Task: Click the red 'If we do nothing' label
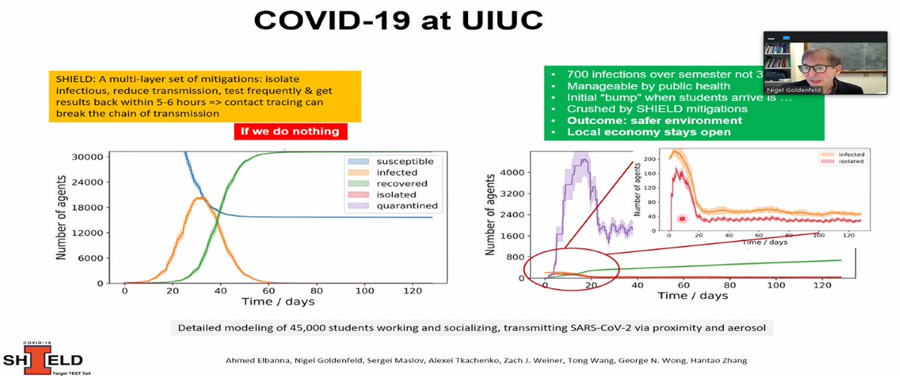289,131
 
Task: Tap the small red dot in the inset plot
682,219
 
